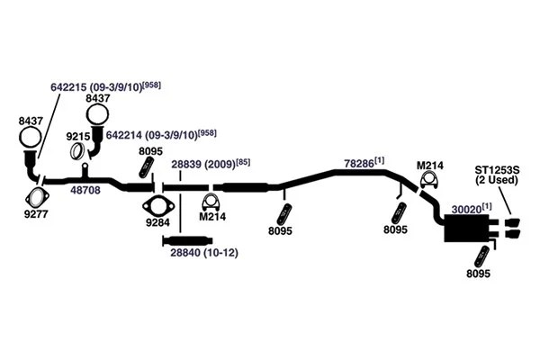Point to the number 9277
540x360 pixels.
point(37,215)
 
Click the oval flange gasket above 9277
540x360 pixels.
point(37,197)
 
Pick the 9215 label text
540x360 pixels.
point(78,135)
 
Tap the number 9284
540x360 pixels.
point(157,220)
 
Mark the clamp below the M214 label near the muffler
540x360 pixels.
point(428,184)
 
